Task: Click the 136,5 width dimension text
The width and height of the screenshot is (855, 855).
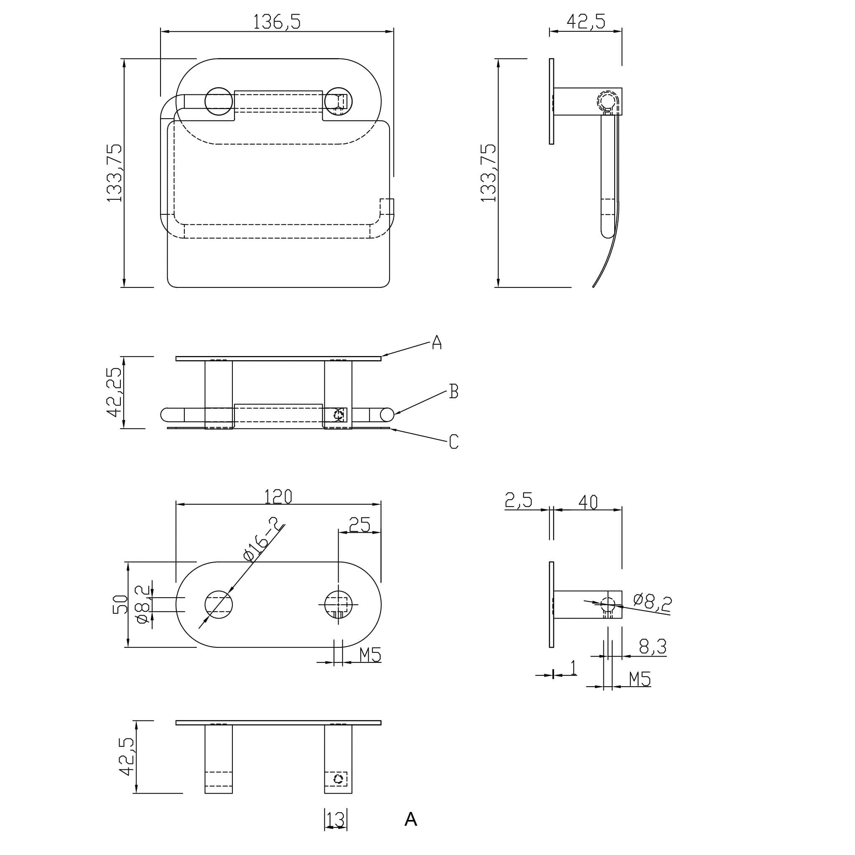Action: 277,22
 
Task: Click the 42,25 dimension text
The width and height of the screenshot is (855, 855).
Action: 115,392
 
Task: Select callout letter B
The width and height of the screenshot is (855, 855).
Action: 453,391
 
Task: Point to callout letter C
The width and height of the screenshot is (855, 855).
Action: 453,442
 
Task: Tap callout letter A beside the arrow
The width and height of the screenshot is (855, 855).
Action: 437,342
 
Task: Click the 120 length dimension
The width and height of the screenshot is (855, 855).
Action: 278,496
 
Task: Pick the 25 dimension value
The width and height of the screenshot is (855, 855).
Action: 359,525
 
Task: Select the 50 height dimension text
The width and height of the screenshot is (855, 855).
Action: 120,605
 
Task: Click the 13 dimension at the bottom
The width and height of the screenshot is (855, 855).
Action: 336,819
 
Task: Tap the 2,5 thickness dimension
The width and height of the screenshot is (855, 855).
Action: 518,501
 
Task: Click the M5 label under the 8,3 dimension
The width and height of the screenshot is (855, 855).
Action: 640,678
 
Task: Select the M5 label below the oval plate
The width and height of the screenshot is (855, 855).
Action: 370,654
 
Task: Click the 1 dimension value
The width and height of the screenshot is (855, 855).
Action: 573,667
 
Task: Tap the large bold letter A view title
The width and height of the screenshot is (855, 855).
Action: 410,819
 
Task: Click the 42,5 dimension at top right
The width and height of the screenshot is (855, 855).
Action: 585,21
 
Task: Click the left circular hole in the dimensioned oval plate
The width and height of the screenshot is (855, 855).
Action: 219,605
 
